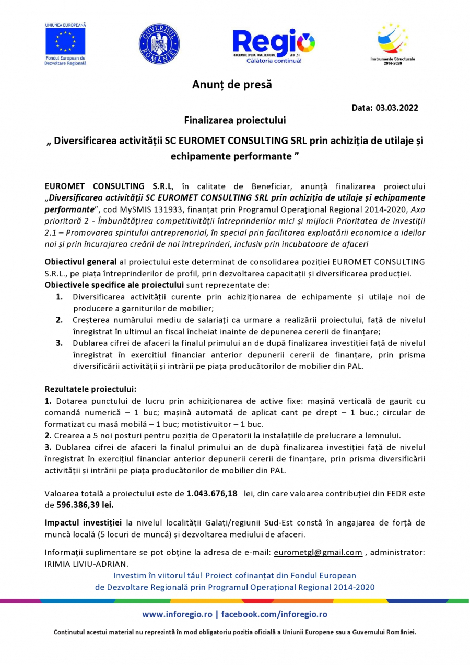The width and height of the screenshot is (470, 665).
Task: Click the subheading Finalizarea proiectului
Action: pyautogui.click(x=234, y=120)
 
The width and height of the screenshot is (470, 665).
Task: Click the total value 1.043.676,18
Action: pyautogui.click(x=212, y=493)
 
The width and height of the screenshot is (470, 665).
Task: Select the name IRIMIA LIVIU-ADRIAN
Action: pyautogui.click(x=86, y=564)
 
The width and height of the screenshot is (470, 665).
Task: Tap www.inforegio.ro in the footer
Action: pyautogui.click(x=177, y=614)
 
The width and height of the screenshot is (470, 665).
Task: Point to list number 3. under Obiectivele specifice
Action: pyautogui.click(x=60, y=343)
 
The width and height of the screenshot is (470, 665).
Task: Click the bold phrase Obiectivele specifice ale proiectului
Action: pyautogui.click(x=114, y=285)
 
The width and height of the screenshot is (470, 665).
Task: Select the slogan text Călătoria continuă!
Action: pyautogui.click(x=274, y=61)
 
